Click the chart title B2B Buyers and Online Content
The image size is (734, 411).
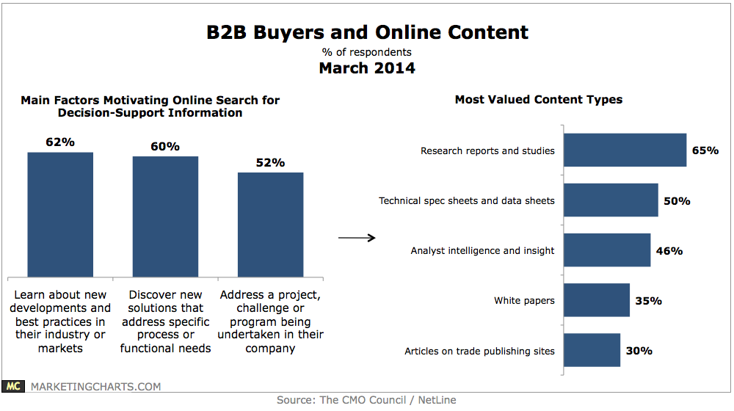point(366,32)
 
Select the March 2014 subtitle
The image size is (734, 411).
point(366,68)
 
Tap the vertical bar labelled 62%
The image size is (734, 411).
point(60,213)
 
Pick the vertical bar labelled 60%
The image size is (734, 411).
point(165,214)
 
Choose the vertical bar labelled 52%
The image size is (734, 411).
point(270,223)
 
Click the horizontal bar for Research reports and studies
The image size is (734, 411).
point(625,150)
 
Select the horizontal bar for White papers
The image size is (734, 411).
point(597,300)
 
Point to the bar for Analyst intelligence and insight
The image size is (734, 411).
point(607,250)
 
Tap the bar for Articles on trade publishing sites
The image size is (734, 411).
point(592,351)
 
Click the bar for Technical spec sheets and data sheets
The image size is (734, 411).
point(611,200)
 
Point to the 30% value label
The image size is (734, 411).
point(639,351)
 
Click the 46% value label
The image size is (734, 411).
point(669,251)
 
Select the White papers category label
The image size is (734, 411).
point(524,301)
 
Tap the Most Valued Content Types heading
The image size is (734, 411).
point(538,100)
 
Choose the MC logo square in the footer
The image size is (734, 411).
point(12,386)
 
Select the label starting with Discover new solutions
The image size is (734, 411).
point(165,321)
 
